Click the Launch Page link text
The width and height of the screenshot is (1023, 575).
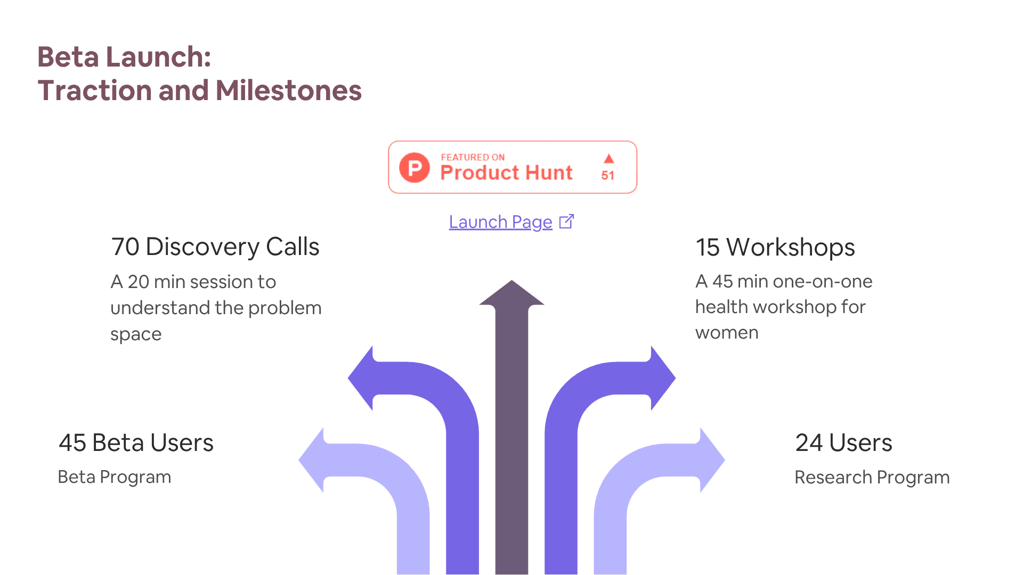(500, 222)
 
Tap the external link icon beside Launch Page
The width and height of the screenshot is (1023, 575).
(566, 221)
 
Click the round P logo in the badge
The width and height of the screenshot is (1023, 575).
(415, 168)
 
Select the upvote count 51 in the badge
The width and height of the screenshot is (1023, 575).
(608, 175)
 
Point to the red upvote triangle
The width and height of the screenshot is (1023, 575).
(608, 159)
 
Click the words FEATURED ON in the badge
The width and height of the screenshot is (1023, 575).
(473, 157)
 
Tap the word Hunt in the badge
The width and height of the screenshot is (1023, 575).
(549, 172)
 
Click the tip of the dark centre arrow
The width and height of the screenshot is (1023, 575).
(511, 281)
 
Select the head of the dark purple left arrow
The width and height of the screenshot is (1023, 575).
(361, 378)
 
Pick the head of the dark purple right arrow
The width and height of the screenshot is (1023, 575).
(663, 378)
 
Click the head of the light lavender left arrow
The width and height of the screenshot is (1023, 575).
(311, 460)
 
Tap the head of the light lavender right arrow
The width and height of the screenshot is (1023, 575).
(712, 460)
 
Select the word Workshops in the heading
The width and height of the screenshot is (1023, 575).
(791, 248)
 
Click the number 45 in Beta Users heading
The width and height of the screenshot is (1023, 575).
(72, 443)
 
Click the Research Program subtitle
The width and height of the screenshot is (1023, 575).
(872, 478)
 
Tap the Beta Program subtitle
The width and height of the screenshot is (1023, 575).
(115, 477)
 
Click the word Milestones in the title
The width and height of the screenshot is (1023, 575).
(289, 91)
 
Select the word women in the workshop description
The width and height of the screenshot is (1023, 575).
(727, 333)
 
